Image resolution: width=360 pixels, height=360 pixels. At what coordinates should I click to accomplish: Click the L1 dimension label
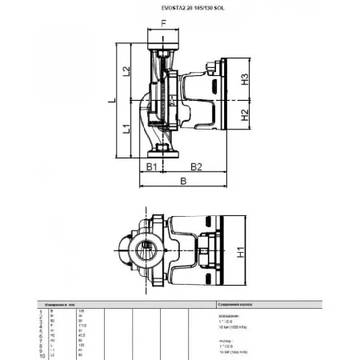[126, 128]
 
